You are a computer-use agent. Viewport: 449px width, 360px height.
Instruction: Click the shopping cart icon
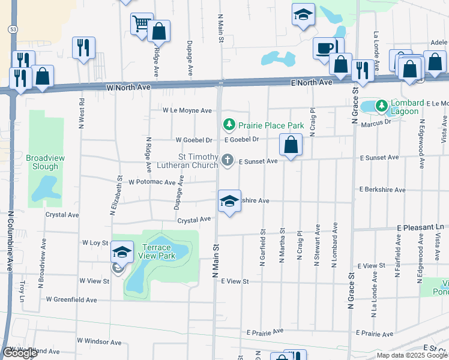pyautogui.click(x=142, y=24)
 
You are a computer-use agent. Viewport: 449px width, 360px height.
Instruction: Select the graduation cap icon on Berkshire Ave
pyautogui.click(x=229, y=201)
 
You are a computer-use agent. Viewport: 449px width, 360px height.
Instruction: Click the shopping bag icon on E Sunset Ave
pyautogui.click(x=291, y=145)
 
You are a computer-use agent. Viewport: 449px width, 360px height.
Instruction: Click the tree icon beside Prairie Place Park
pyautogui.click(x=229, y=125)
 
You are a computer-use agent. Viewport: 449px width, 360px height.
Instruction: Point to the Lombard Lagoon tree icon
pyautogui.click(x=381, y=107)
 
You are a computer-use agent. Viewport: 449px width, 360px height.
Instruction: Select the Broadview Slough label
pyautogui.click(x=45, y=162)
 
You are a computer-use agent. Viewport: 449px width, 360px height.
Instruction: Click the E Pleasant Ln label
pyautogui.click(x=422, y=228)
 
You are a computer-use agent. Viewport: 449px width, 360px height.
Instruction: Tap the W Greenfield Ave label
pyautogui.click(x=71, y=299)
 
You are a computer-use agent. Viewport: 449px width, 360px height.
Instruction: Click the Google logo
pyautogui.click(x=20, y=353)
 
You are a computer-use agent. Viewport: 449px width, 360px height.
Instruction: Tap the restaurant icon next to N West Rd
pyautogui.click(x=83, y=47)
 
